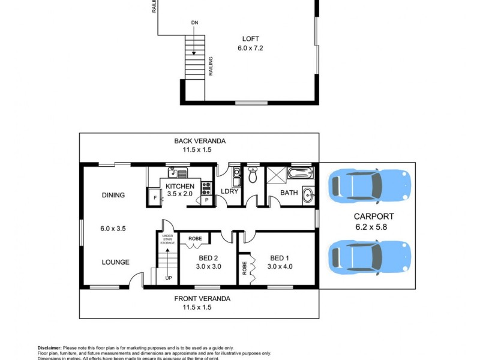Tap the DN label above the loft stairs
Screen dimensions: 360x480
pos(194,23)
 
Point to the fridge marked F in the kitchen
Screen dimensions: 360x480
pos(155,197)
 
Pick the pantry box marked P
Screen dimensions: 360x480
pos(207,199)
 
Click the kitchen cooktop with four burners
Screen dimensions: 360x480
pos(207,185)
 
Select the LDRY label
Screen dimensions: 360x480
pos(230,192)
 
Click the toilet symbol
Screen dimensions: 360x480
pos(253,176)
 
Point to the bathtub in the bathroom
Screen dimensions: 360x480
pos(300,173)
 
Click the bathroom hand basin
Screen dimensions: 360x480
pos(308,194)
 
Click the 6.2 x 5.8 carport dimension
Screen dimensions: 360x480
pos(373,227)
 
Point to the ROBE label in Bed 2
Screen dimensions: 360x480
pos(195,239)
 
